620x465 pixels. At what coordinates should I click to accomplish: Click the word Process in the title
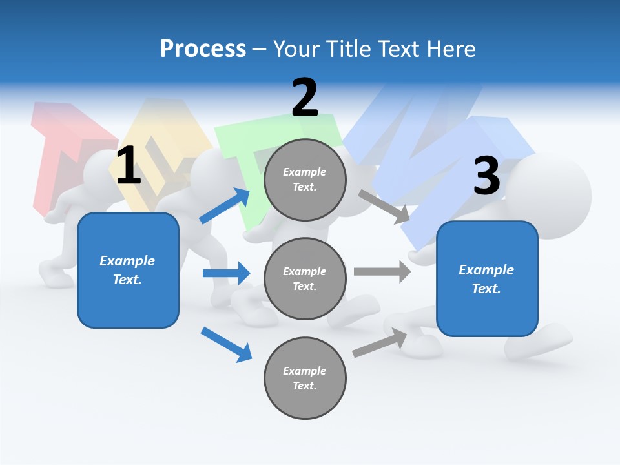[x=203, y=49]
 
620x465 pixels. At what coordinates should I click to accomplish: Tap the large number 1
[x=129, y=166]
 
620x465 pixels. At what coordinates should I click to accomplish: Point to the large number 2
[x=305, y=98]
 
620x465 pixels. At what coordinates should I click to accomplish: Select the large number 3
[x=487, y=176]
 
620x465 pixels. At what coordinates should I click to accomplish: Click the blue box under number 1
[x=128, y=270]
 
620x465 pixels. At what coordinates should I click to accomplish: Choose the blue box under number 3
[x=487, y=279]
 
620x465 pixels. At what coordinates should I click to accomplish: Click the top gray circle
[x=305, y=180]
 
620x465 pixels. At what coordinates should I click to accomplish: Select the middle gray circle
[x=305, y=278]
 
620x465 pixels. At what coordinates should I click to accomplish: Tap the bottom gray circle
[x=305, y=378]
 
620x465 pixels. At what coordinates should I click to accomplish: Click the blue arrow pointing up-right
[x=225, y=205]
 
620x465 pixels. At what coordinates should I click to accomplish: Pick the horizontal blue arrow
[x=226, y=273]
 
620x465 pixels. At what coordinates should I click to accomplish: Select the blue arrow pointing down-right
[x=226, y=344]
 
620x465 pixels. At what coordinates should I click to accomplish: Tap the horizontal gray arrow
[x=382, y=271]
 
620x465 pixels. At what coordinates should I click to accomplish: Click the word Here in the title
[x=451, y=49]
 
